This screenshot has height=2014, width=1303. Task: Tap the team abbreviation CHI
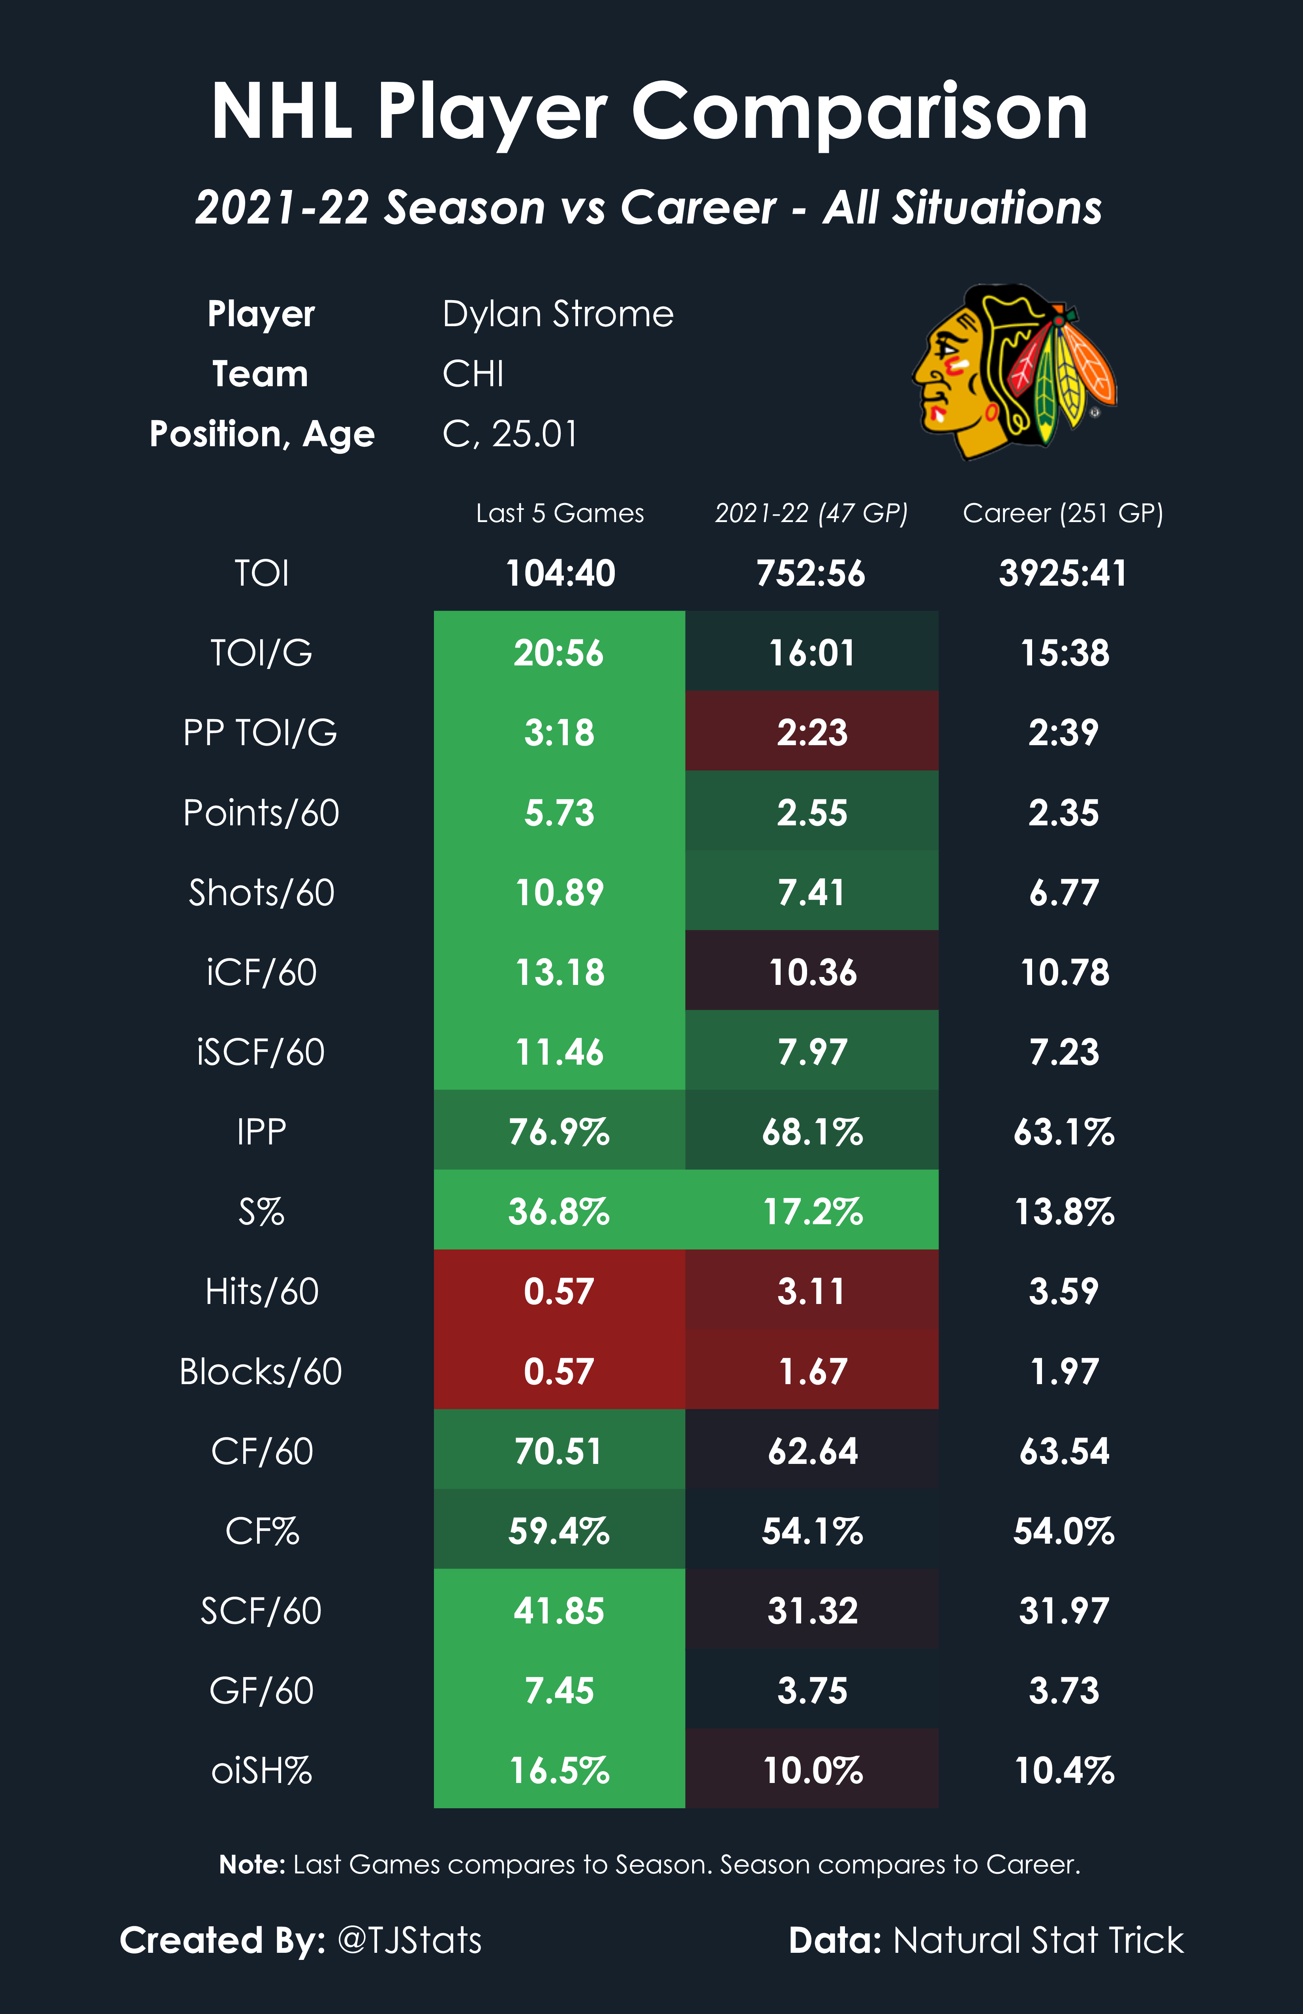[473, 374]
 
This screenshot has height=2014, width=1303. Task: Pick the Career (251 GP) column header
[1063, 513]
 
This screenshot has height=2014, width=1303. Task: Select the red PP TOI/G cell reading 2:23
[811, 732]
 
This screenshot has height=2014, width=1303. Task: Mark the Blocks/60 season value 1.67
[811, 1371]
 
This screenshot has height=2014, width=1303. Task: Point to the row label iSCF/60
[261, 1052]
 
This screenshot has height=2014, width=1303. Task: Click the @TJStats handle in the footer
[409, 1939]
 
